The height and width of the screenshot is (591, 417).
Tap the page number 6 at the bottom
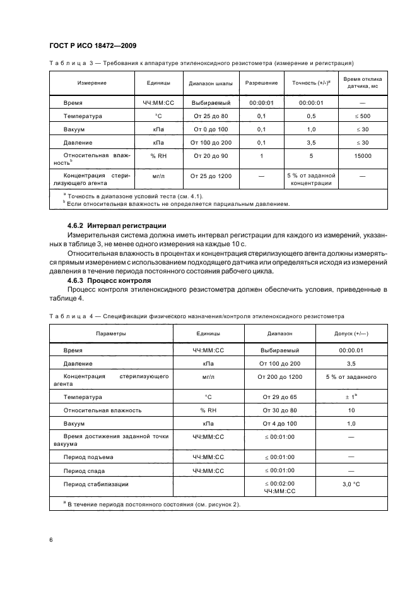(x=52, y=539)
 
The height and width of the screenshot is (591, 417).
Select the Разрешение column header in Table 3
(x=261, y=83)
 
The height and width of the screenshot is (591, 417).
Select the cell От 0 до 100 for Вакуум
(x=211, y=129)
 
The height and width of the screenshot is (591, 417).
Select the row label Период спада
(x=84, y=470)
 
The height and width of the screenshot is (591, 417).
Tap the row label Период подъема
(x=87, y=456)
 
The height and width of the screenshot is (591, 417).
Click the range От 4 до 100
(x=279, y=424)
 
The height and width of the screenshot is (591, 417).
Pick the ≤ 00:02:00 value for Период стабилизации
(x=279, y=484)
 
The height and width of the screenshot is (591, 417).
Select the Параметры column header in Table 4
(x=110, y=333)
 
